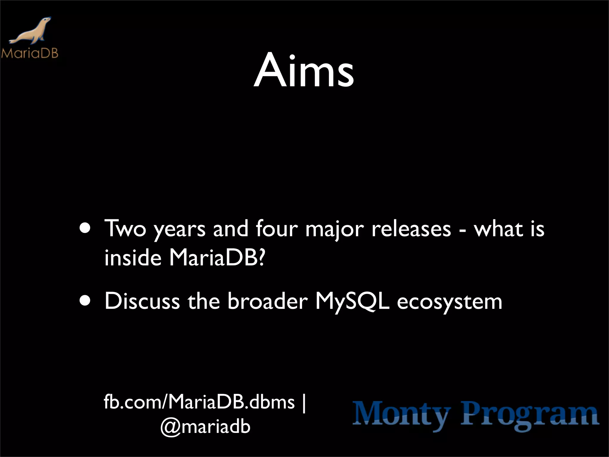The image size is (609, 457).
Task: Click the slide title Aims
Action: (x=304, y=71)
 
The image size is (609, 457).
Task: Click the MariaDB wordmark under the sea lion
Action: (x=30, y=53)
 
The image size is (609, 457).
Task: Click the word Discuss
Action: (x=142, y=301)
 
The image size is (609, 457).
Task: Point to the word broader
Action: (x=268, y=301)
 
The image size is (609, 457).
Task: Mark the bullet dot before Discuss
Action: (x=85, y=301)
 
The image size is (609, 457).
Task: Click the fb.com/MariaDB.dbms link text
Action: (x=199, y=402)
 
